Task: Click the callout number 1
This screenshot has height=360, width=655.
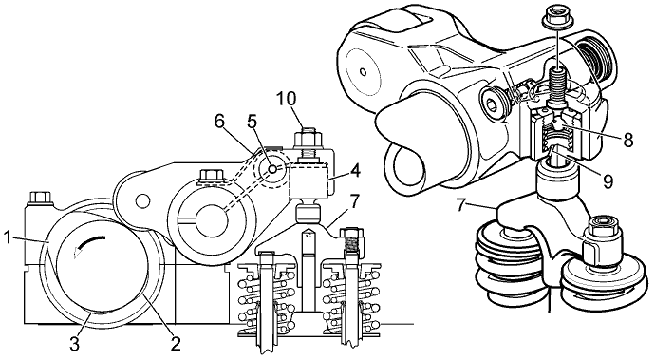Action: coord(8,237)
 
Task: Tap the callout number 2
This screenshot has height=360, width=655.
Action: coord(176,343)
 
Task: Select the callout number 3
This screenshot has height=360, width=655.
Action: coord(73,344)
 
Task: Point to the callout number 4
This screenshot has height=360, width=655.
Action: coord(355,171)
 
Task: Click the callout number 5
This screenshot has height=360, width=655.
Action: coord(252,121)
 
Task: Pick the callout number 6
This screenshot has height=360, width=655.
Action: coord(220,121)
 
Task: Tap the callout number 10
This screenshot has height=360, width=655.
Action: coord(287,98)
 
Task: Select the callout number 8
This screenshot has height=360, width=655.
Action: coord(627,140)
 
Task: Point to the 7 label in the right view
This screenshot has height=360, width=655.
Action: coord(460,206)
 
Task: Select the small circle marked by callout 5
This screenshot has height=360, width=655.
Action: coord(272,169)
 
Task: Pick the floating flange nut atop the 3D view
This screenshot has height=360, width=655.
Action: coord(557,17)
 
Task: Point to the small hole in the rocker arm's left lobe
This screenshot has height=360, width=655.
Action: coord(142,200)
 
